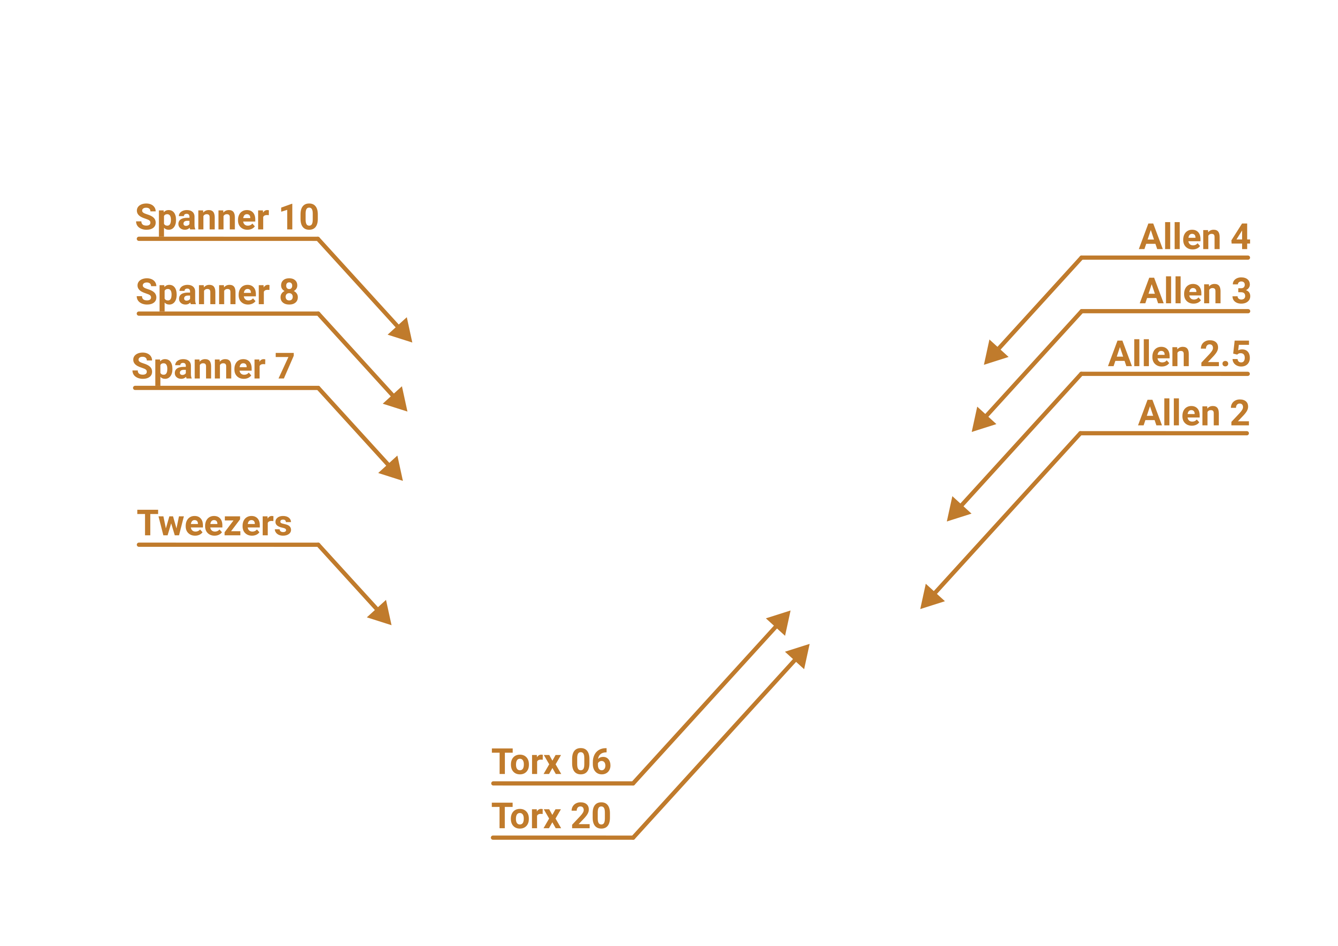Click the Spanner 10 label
pos(227,218)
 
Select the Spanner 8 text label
pos(217,292)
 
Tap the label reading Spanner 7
pos(213,367)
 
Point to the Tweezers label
pos(214,524)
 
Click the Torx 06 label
pos(551,762)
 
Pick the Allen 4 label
pos(1194,237)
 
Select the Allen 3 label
pos(1195,291)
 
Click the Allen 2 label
pos(1193,413)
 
